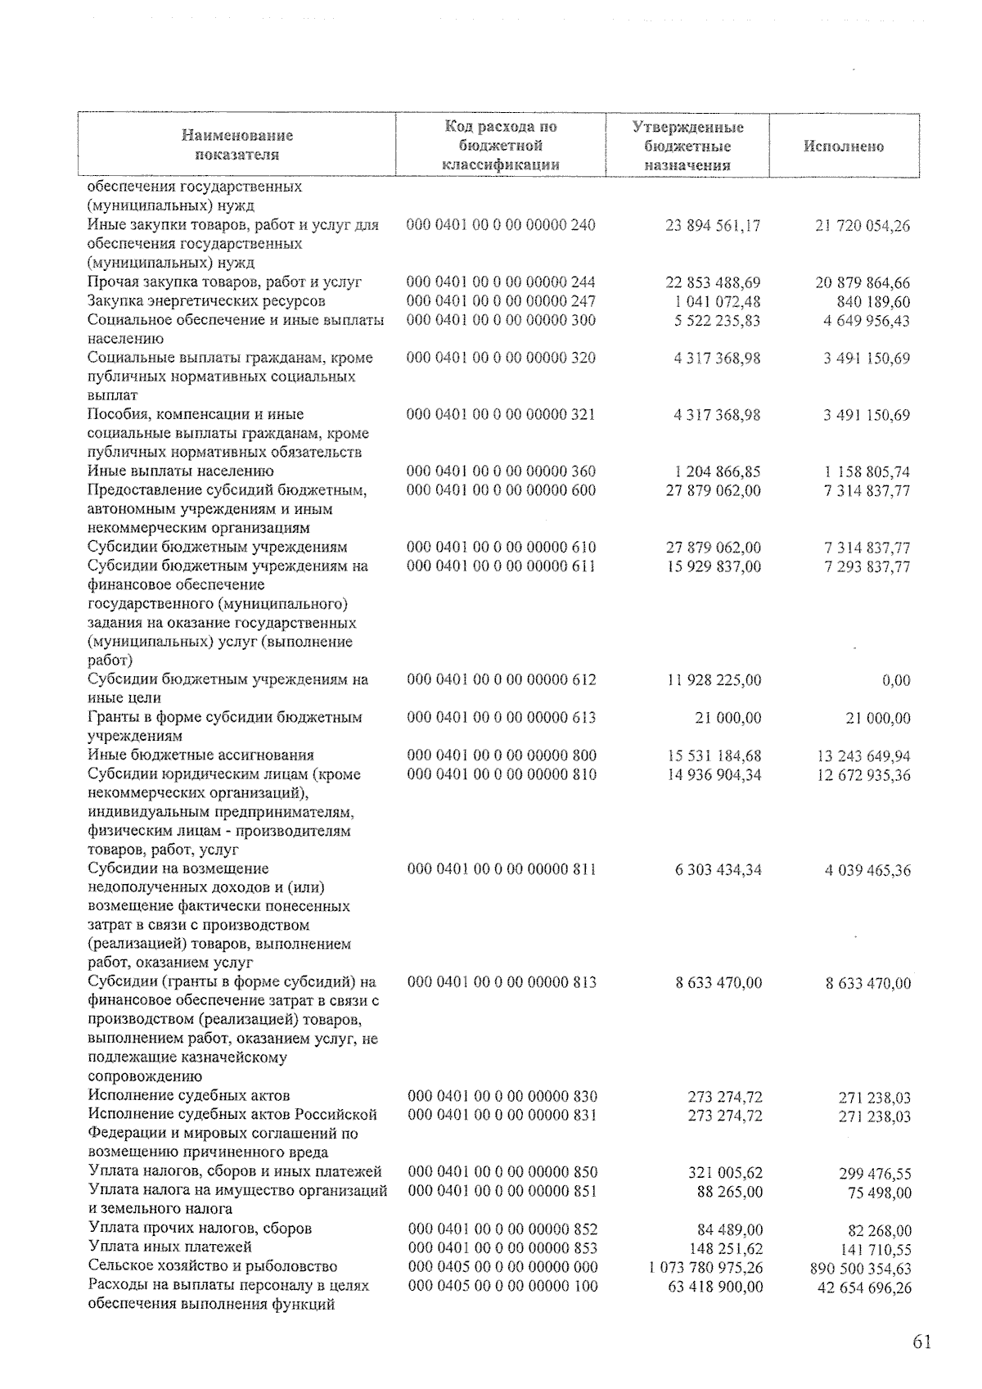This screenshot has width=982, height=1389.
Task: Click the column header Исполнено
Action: click(844, 147)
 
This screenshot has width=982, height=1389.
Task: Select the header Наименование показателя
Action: click(237, 145)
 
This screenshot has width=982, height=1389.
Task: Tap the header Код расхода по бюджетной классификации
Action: click(501, 146)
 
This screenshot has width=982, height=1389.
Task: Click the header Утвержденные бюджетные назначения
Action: click(687, 146)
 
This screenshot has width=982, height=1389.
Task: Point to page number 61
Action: click(921, 1342)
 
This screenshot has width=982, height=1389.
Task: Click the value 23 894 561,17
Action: click(714, 225)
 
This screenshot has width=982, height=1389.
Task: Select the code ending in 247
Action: click(501, 301)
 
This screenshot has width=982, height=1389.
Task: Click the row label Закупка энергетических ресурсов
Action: click(207, 301)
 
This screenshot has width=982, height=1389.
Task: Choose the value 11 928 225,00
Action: click(714, 679)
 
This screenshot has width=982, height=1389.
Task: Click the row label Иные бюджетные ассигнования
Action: click(201, 755)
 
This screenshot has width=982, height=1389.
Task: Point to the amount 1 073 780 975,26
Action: click(705, 1267)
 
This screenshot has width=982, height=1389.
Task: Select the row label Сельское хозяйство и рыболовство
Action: click(213, 1266)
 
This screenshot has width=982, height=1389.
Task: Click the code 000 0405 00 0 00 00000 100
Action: click(502, 1286)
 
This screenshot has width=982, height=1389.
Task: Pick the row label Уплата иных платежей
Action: click(170, 1247)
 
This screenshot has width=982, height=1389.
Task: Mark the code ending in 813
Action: click(502, 982)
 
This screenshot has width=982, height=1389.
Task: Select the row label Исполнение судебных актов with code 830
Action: click(189, 1095)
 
